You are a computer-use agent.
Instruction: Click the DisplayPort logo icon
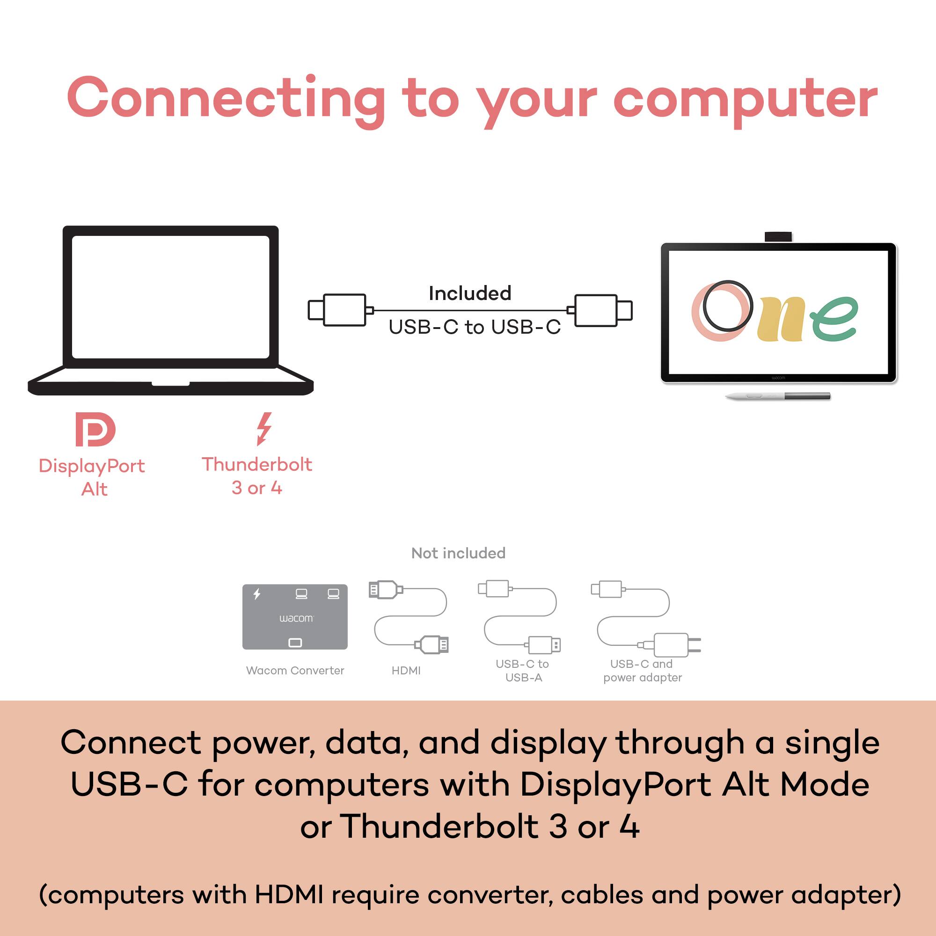click(95, 429)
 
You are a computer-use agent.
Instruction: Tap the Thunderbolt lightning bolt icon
click(264, 428)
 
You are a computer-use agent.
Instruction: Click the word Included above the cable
click(469, 293)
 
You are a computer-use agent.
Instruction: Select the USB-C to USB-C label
click(474, 327)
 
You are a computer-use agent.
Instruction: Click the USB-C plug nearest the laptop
click(339, 310)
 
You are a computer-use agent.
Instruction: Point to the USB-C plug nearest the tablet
click(601, 310)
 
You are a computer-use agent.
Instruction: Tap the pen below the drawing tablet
click(777, 396)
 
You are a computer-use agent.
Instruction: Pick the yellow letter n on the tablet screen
click(782, 320)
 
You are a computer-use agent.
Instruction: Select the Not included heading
click(458, 553)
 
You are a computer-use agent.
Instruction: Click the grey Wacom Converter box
click(294, 617)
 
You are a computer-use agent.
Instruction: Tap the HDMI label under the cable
click(406, 671)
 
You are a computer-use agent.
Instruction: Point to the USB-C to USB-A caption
click(522, 671)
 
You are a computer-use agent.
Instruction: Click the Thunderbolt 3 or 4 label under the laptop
click(257, 476)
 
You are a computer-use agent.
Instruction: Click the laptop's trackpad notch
click(170, 383)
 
